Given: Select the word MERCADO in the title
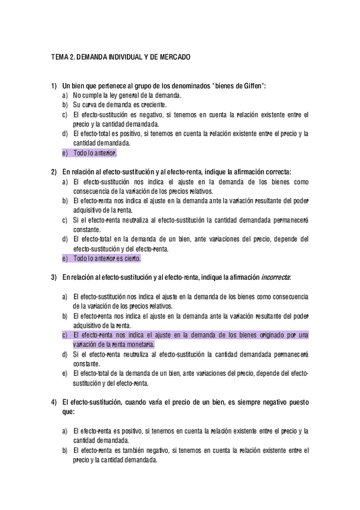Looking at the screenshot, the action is [174, 58].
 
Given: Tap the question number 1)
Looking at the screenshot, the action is [53, 87].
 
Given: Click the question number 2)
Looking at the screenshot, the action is [53, 172].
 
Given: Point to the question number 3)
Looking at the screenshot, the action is [53, 277].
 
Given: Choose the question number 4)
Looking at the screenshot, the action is [53, 401].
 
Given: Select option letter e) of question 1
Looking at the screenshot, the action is [65, 153].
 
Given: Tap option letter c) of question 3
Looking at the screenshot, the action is [65, 335].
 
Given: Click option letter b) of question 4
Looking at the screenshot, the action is [65, 450].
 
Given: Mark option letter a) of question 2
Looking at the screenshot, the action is [65, 181].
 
